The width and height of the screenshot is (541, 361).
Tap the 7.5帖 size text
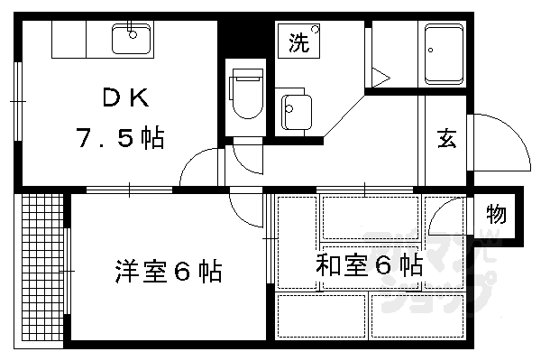(119, 138)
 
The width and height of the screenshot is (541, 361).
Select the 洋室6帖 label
(168, 270)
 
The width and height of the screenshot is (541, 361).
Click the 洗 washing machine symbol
(299, 42)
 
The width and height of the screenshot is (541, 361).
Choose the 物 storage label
(497, 216)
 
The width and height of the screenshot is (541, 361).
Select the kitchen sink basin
(132, 39)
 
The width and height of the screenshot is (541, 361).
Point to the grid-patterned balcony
(41, 271)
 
